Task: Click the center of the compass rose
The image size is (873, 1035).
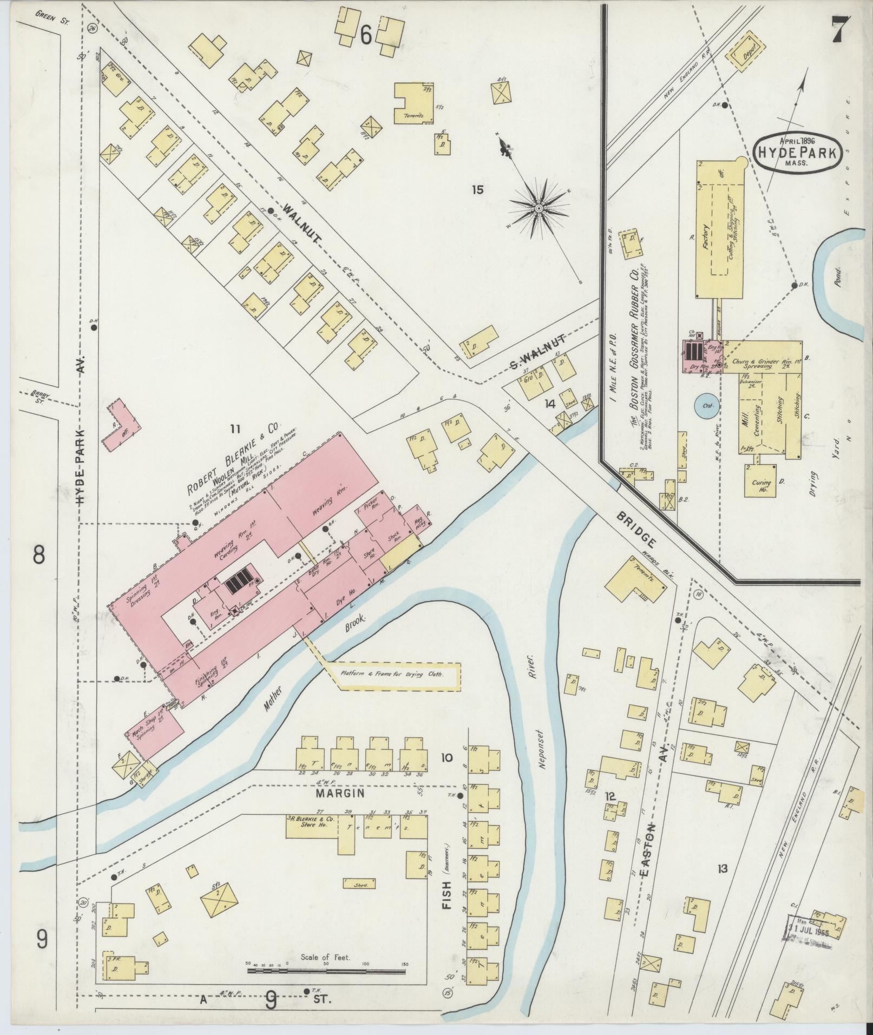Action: [539, 208]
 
